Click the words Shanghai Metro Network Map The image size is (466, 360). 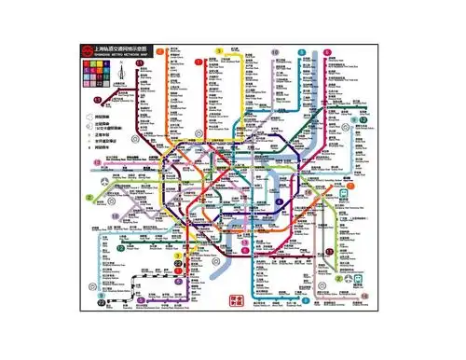pyautogui.click(x=117, y=54)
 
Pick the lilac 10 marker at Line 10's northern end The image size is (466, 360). pyautogui.click(x=275, y=53)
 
